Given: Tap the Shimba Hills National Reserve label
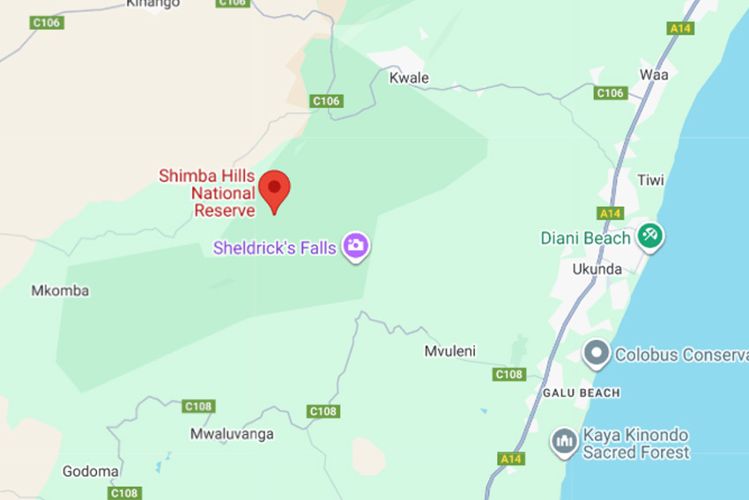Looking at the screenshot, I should click(207, 193).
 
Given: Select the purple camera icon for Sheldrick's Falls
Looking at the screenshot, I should click(356, 246).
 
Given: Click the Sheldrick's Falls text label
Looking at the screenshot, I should click(275, 248).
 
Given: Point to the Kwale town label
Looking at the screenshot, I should click(409, 78).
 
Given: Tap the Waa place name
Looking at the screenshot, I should click(654, 75).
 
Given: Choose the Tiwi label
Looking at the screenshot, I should click(650, 180).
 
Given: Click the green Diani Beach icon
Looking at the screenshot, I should click(651, 235).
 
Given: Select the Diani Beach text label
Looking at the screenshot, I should click(586, 238).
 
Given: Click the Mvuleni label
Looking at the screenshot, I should click(449, 351).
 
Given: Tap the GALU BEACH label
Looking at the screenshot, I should click(581, 393).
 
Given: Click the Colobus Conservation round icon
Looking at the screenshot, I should click(597, 354).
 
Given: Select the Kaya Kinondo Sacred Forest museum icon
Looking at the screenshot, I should click(564, 441).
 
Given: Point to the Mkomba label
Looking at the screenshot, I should click(60, 290).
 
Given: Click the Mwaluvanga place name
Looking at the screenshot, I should click(232, 434).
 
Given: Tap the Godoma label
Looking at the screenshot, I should click(90, 472).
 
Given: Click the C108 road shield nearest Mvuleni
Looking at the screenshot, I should click(509, 374).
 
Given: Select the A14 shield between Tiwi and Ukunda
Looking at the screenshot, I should click(610, 213).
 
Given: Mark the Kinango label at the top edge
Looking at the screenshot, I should click(152, 4).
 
